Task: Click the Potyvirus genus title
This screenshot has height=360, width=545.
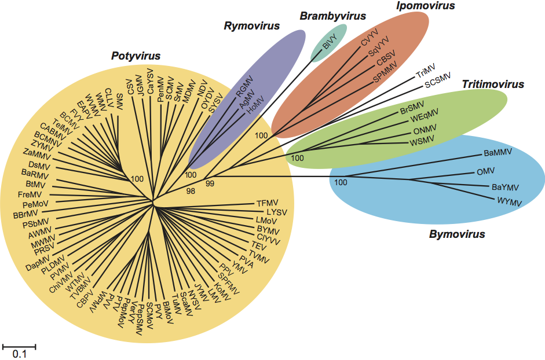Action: tap(136, 56)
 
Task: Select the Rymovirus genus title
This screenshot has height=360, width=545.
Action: tap(252, 26)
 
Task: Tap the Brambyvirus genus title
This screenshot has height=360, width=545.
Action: tap(332, 16)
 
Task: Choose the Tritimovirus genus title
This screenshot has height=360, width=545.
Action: tap(493, 85)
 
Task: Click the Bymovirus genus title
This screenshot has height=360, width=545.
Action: tap(457, 234)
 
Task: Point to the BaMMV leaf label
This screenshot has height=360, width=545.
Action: tap(498, 153)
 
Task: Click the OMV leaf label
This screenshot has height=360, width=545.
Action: tap(485, 172)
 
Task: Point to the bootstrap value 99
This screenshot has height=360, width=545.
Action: tap(210, 183)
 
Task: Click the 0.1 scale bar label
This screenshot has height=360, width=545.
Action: tap(20, 353)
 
